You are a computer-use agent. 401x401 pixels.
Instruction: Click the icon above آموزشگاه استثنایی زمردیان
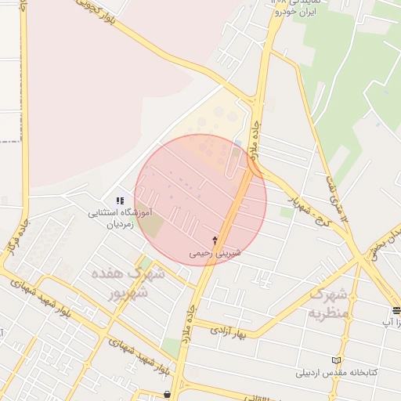point(120,201)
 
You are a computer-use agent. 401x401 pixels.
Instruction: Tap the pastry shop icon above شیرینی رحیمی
point(215,239)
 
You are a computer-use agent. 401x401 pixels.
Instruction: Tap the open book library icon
point(337,359)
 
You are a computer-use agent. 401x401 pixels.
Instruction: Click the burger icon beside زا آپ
point(396,310)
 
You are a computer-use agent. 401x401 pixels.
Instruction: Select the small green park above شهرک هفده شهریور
point(146,262)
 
